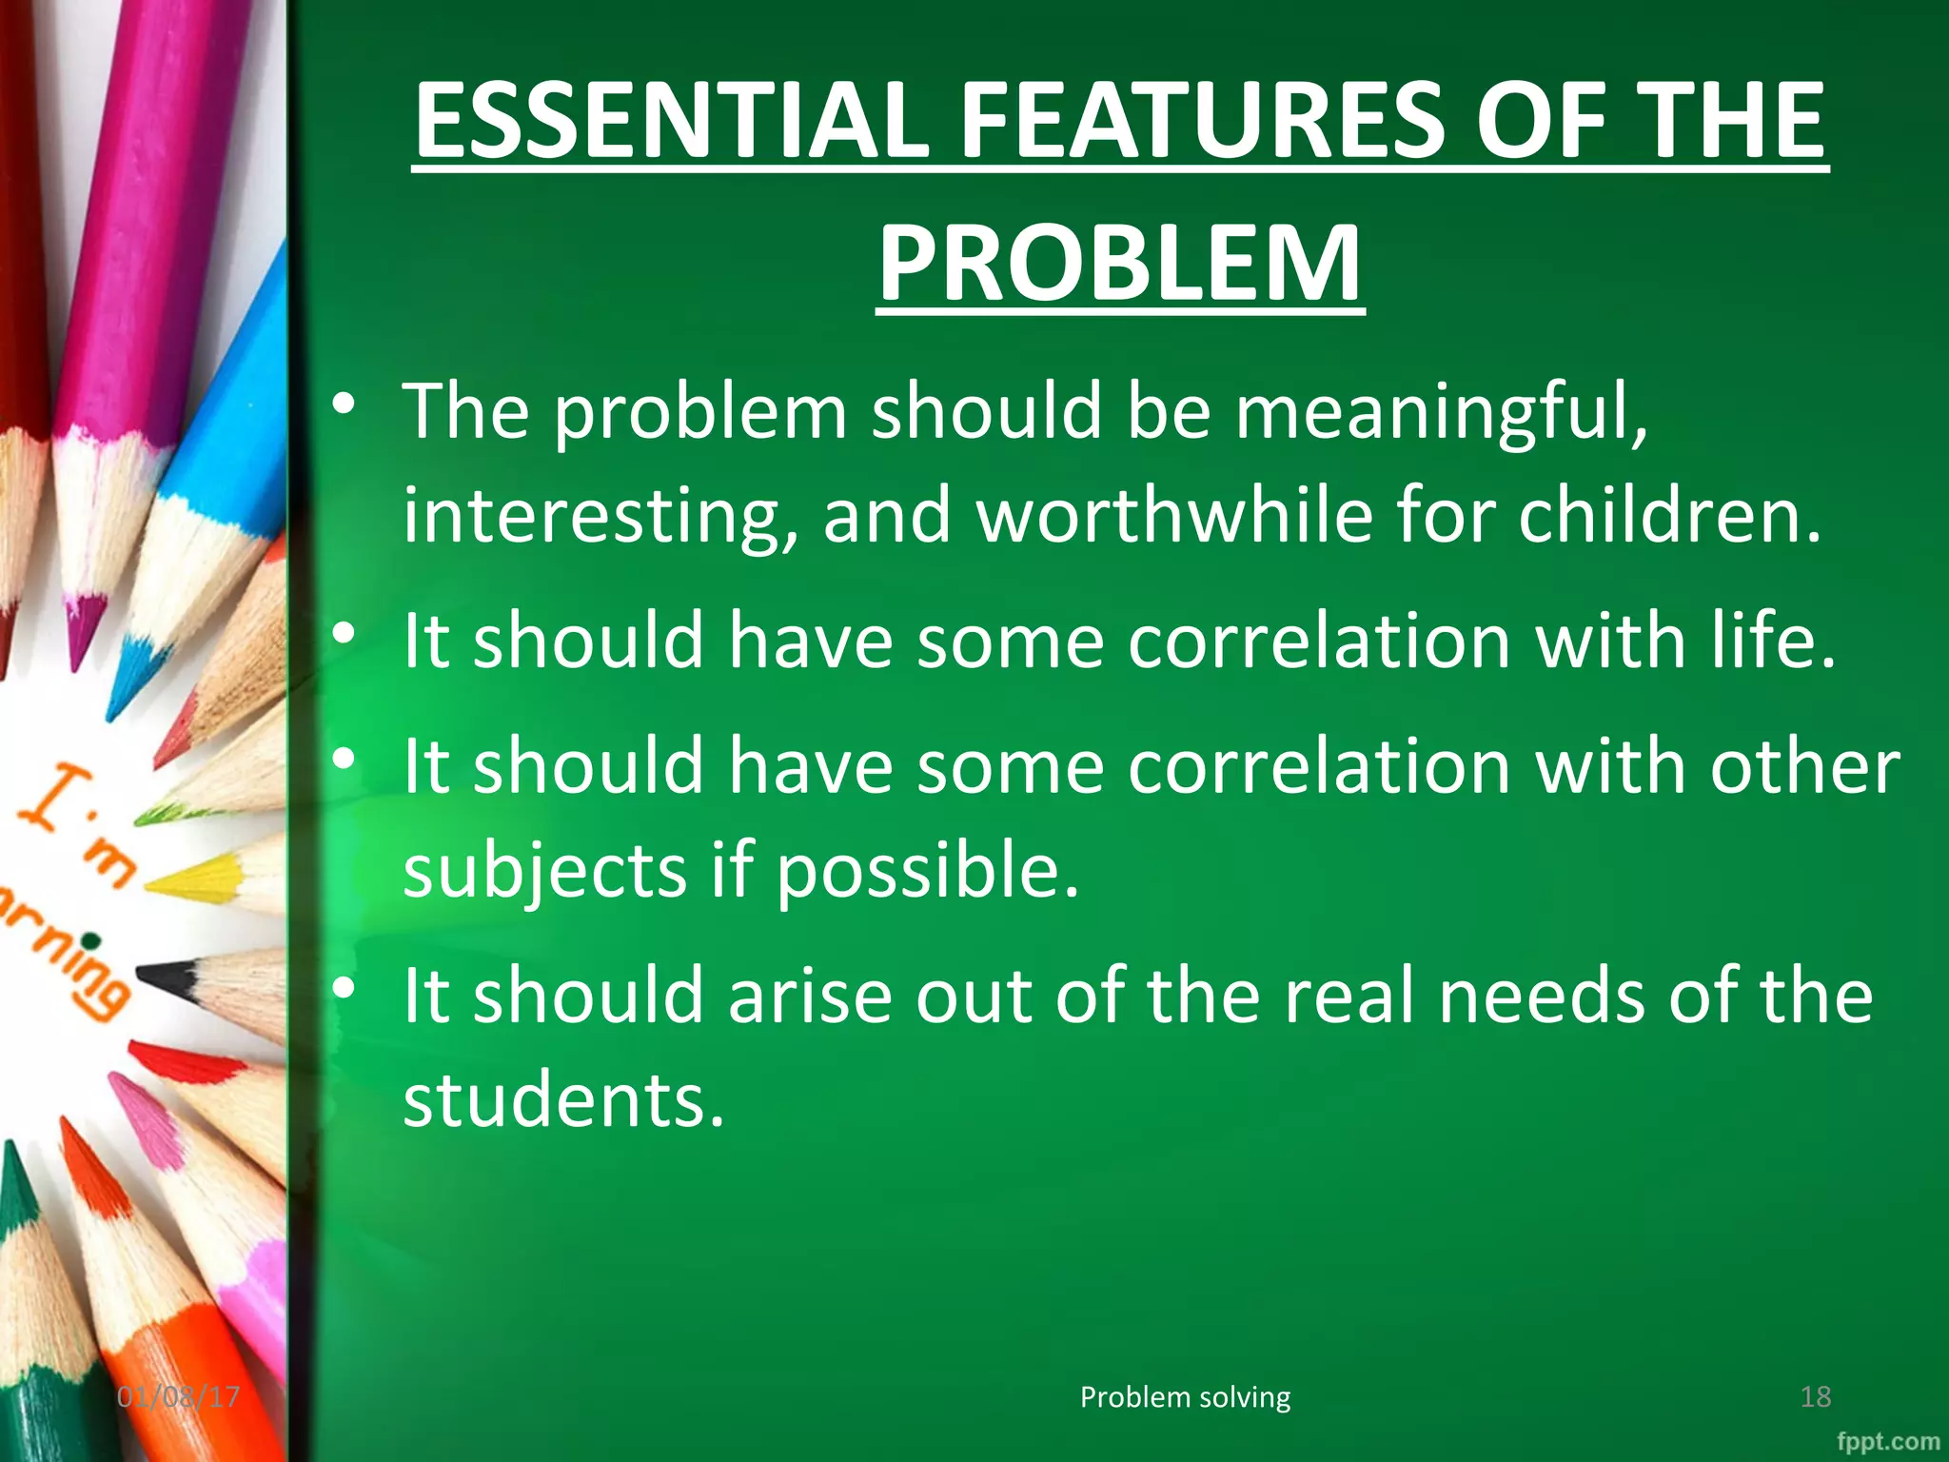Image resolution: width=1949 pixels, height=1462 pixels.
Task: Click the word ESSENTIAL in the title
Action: coord(671,121)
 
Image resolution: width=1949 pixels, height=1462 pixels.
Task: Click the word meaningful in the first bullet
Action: coord(1441,412)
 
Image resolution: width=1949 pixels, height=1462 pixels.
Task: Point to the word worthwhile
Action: coord(1175,515)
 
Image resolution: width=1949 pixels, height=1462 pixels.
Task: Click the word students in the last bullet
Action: coord(563,1099)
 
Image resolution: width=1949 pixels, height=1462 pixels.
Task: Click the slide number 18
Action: coord(1815,1396)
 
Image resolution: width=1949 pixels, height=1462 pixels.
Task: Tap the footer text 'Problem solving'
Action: coord(1185,1396)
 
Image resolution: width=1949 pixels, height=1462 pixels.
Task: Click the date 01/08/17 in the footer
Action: coord(178,1396)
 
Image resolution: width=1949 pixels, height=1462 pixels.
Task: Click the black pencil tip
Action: coord(164,978)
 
